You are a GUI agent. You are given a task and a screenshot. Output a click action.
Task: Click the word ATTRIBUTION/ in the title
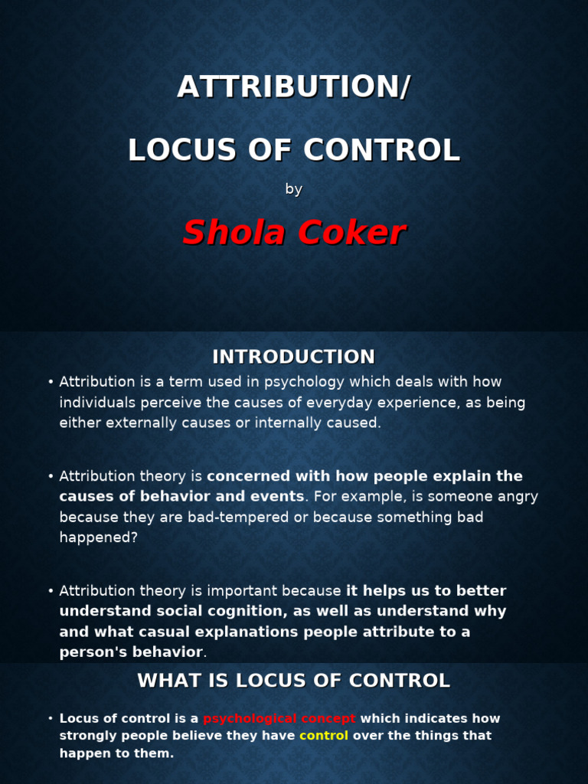(294, 87)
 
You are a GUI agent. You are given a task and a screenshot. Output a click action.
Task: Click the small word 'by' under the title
(294, 189)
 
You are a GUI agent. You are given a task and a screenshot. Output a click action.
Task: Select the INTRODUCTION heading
(294, 357)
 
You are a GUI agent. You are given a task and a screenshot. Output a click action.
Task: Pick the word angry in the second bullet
(519, 496)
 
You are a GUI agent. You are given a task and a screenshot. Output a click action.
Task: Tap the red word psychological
(248, 718)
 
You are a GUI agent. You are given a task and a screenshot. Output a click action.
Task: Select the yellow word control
(323, 736)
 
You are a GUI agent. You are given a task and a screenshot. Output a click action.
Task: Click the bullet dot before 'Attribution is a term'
(50, 382)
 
